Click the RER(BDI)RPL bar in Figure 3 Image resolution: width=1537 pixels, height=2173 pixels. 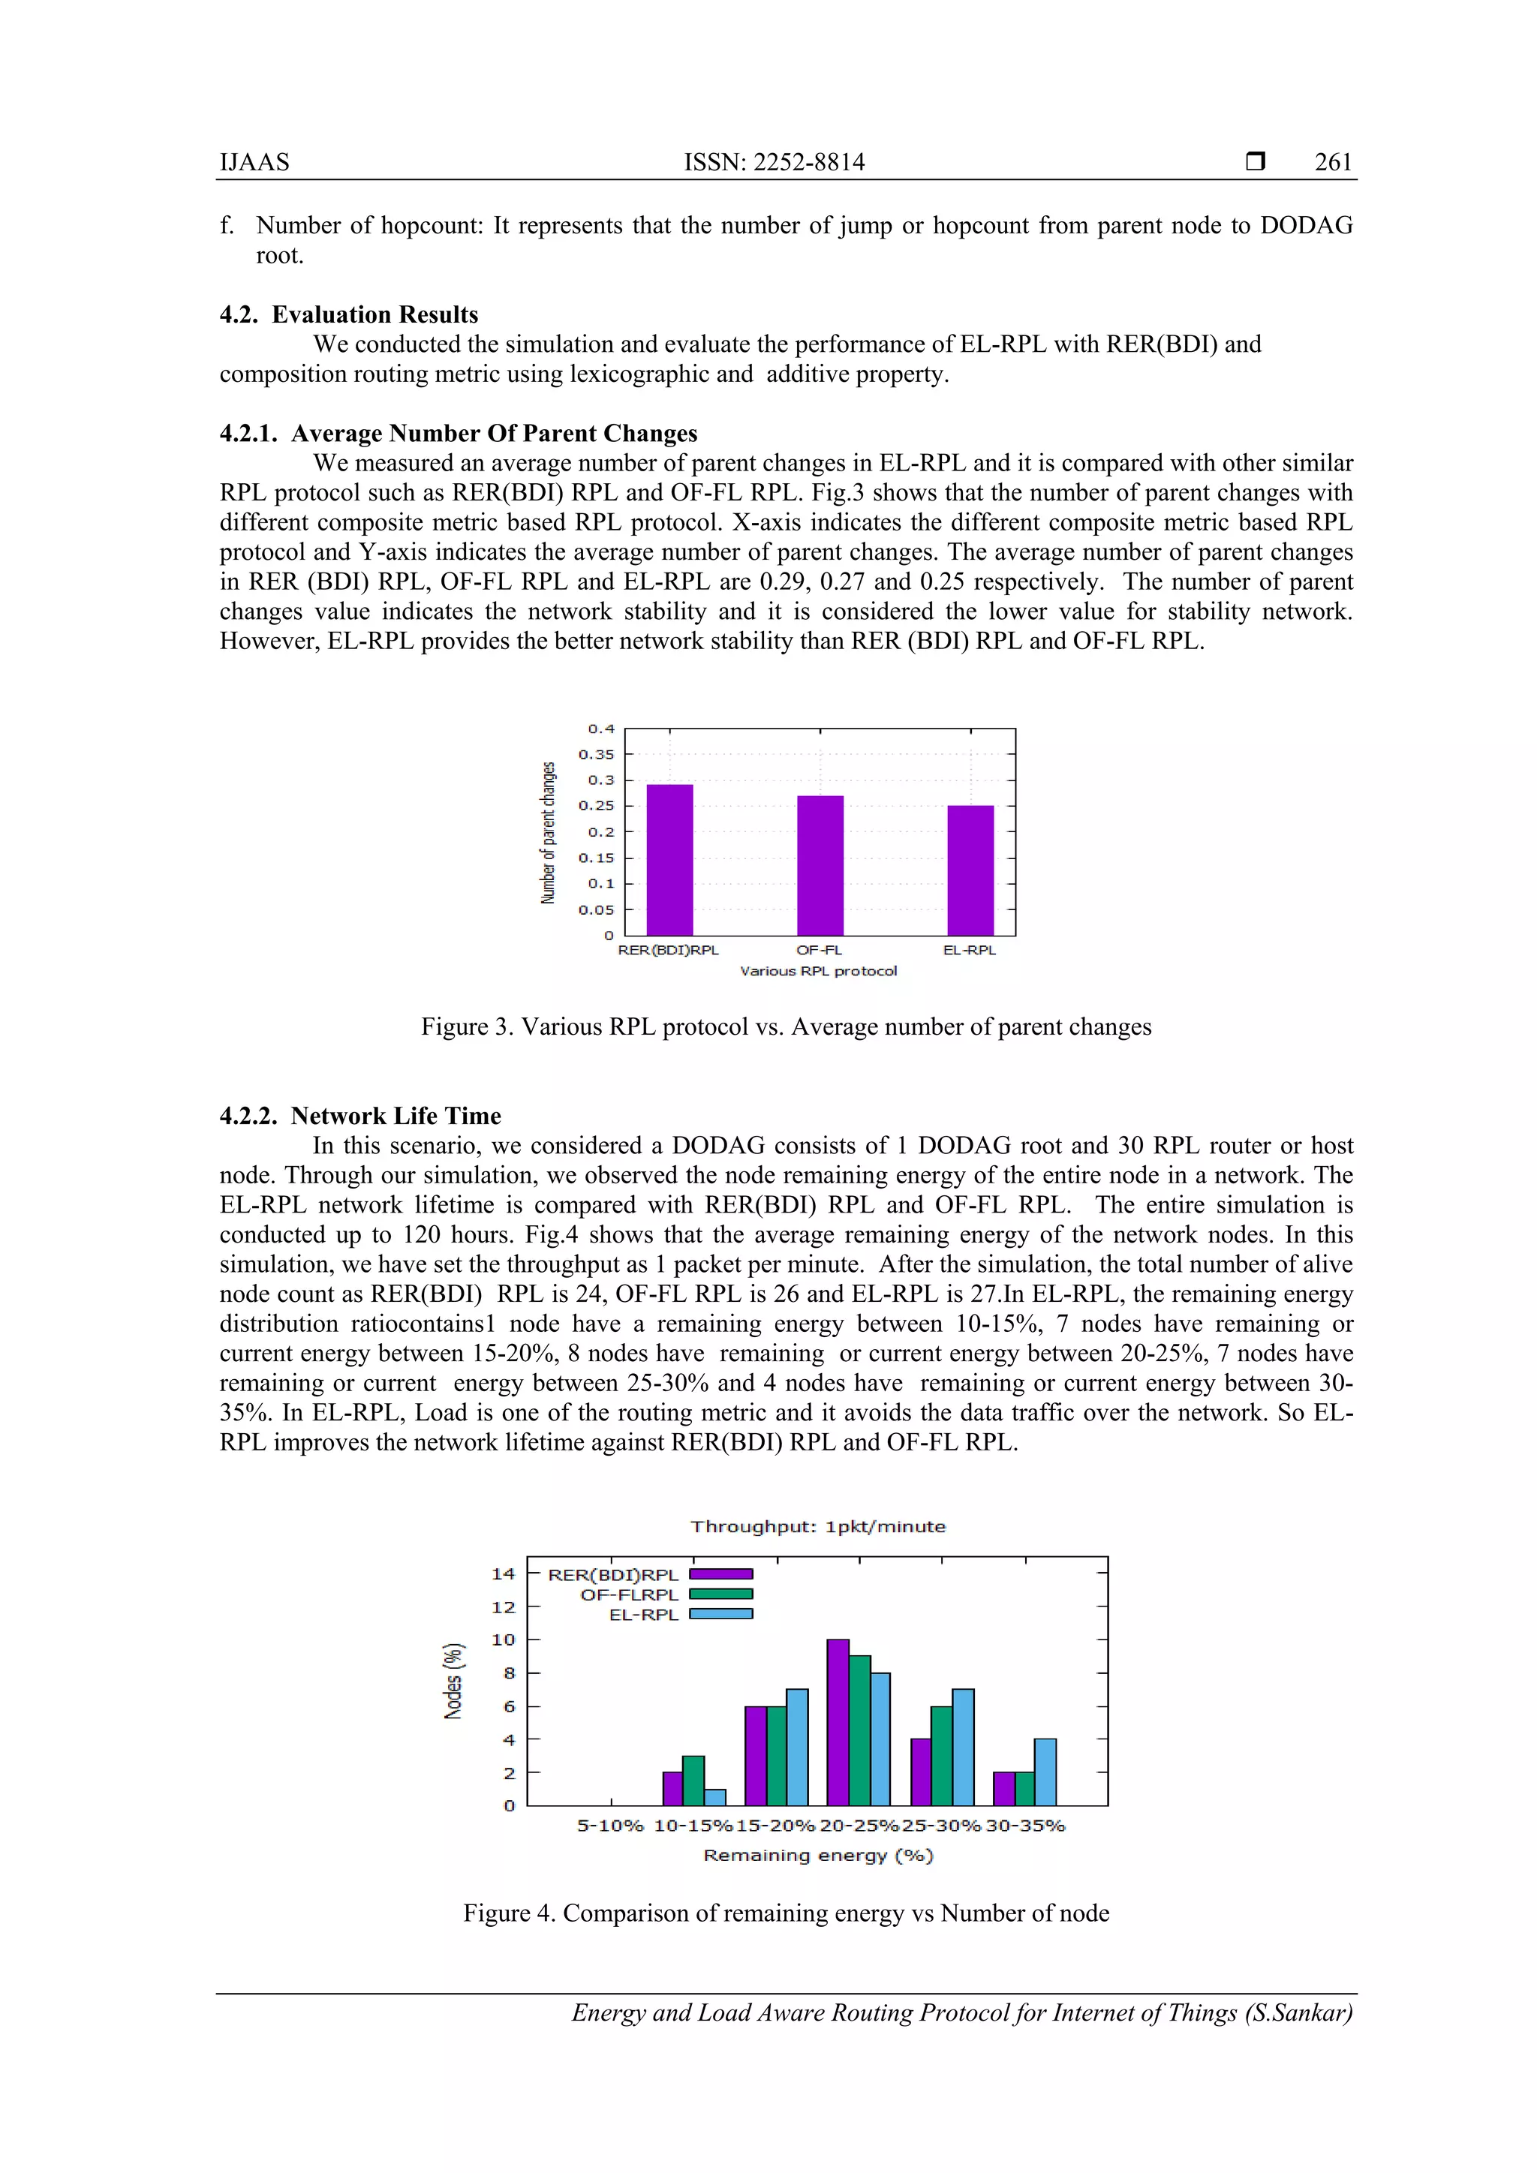tap(669, 859)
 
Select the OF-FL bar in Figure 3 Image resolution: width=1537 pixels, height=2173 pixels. tap(820, 865)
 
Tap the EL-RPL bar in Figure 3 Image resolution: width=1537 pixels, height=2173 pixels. tap(970, 870)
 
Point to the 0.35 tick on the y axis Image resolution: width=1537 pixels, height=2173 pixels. tap(596, 754)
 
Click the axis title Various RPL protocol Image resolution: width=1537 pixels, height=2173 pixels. tap(818, 971)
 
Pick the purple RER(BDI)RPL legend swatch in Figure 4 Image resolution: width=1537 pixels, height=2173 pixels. tap(720, 1574)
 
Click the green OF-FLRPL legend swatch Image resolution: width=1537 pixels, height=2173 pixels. tap(720, 1594)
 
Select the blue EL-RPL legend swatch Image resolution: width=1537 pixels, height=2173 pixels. tap(720, 1614)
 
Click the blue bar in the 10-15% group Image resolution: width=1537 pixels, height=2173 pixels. tap(715, 1796)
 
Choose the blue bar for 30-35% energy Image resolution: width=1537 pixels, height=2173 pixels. tap(1045, 1772)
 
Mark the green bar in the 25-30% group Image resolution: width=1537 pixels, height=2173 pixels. tap(941, 1756)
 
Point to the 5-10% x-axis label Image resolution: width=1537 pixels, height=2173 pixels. tap(610, 1826)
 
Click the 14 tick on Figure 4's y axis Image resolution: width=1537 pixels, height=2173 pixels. tap(503, 1574)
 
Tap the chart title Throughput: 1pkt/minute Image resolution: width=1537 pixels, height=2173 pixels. tap(818, 1527)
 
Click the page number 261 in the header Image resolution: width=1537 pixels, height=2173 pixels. tap(1333, 162)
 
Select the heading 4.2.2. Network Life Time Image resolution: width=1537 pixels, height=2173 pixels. tap(359, 1116)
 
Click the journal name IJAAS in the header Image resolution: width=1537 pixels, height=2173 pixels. tap(254, 162)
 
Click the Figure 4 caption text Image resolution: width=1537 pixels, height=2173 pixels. tap(786, 1913)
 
